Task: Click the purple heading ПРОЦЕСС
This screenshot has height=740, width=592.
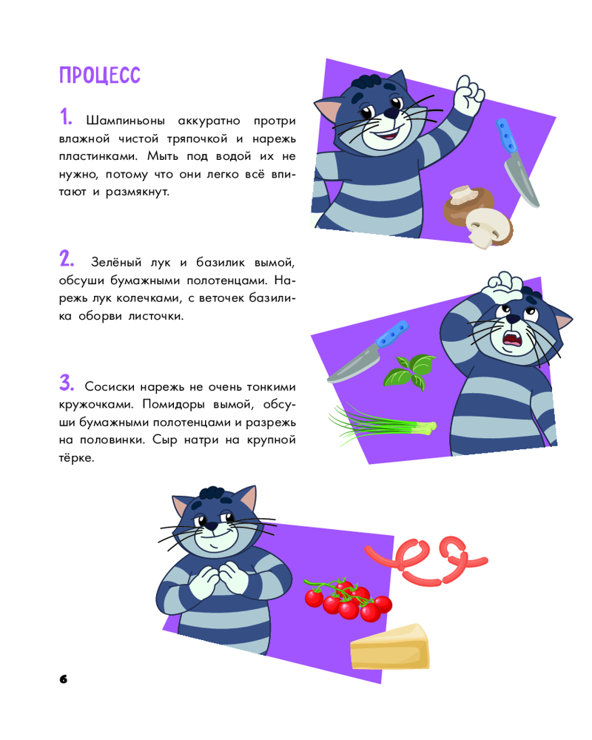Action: click(x=100, y=75)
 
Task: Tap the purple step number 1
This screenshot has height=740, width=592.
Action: click(x=66, y=117)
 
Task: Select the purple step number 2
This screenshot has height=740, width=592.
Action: click(x=67, y=258)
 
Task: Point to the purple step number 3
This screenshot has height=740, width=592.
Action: click(x=67, y=383)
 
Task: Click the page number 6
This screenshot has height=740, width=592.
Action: click(x=63, y=679)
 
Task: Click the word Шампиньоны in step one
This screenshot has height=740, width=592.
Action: click(x=125, y=121)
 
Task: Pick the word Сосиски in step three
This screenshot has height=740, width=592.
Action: click(x=110, y=386)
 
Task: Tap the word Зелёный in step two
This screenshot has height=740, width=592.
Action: click(x=116, y=262)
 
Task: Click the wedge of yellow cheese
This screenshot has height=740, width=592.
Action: click(x=389, y=647)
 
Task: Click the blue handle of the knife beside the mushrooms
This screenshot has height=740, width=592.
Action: click(x=505, y=136)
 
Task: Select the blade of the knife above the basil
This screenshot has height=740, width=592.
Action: click(x=353, y=364)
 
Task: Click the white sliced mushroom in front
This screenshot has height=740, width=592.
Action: click(x=488, y=227)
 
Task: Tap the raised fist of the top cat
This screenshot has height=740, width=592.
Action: click(x=468, y=95)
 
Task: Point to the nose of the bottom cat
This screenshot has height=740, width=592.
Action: click(x=211, y=526)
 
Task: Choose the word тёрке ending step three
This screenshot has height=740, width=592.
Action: click(x=76, y=458)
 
